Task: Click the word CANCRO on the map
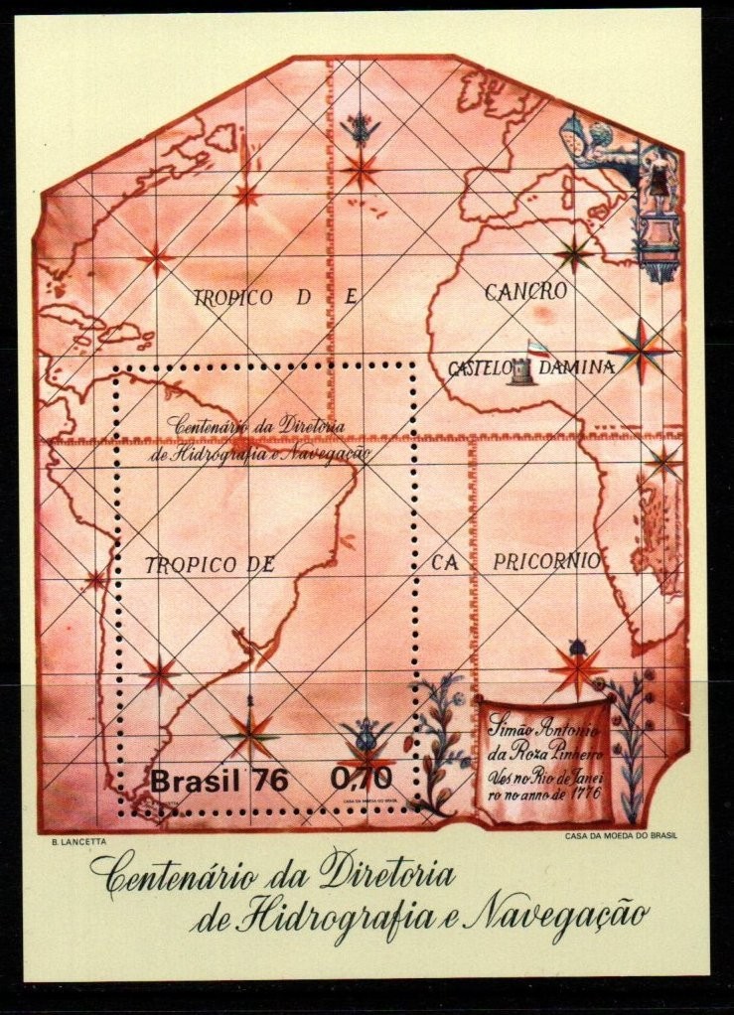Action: coord(525,292)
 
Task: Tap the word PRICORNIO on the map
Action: coord(547,561)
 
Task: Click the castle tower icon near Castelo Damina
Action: coord(523,371)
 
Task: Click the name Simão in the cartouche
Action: coord(508,719)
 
